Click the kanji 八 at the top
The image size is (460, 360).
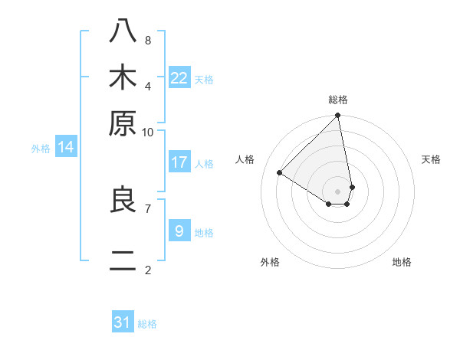click(123, 31)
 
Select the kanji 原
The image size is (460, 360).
click(123, 123)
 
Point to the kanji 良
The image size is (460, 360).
click(123, 200)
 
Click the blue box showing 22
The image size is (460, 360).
click(179, 78)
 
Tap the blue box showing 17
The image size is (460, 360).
click(179, 162)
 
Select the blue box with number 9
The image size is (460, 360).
click(179, 231)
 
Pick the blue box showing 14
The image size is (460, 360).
click(66, 147)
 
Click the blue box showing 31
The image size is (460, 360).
click(123, 322)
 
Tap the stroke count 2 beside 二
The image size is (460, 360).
click(147, 270)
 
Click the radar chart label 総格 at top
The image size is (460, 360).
click(338, 100)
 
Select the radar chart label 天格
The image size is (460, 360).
click(431, 159)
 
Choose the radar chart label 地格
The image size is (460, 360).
click(402, 262)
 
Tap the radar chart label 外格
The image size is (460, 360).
click(270, 262)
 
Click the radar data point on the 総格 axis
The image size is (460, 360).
click(338, 116)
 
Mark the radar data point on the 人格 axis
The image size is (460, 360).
click(280, 172)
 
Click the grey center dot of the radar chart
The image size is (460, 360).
click(338, 191)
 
